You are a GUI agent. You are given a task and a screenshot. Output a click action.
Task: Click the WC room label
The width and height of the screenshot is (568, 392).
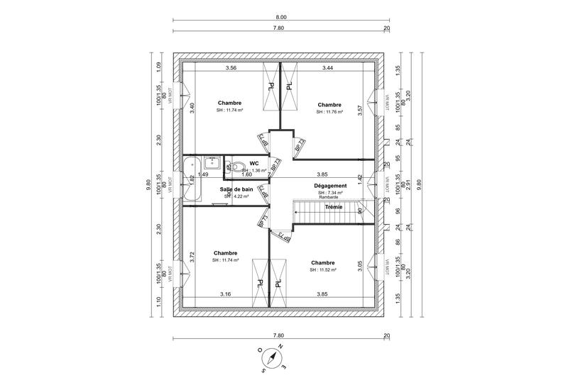253,163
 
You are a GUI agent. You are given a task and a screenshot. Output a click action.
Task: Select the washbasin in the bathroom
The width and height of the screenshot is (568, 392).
211,163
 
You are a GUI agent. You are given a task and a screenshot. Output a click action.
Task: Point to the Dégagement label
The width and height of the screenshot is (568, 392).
329,186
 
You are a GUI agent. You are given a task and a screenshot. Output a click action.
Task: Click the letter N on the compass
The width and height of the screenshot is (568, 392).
282,347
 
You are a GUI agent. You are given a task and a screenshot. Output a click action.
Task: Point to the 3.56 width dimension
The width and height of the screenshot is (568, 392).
231,68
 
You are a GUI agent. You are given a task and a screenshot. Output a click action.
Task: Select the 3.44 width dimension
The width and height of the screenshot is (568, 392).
328,68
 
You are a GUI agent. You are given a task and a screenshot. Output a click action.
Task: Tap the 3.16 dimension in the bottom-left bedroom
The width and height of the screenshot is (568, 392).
226,293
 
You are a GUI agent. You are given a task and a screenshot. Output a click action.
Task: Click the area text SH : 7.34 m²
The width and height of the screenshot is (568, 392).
330,193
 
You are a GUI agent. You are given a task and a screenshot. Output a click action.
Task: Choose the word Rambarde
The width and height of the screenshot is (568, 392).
329,198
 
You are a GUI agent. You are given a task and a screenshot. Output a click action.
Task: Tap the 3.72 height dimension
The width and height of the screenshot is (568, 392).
192,257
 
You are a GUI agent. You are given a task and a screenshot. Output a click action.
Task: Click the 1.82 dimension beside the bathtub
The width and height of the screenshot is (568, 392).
192,180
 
